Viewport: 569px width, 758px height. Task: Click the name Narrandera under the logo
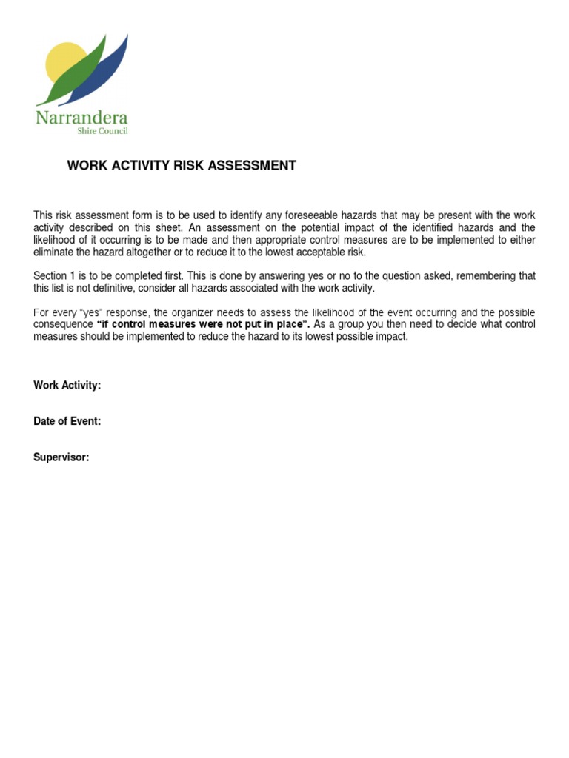point(81,118)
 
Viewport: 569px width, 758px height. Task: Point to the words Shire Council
point(102,132)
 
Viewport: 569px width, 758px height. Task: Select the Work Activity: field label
point(67,385)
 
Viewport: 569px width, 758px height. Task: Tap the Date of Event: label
point(67,421)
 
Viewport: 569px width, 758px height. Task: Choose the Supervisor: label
point(61,457)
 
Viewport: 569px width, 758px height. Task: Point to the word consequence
point(63,325)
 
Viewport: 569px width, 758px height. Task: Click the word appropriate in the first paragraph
point(306,240)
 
